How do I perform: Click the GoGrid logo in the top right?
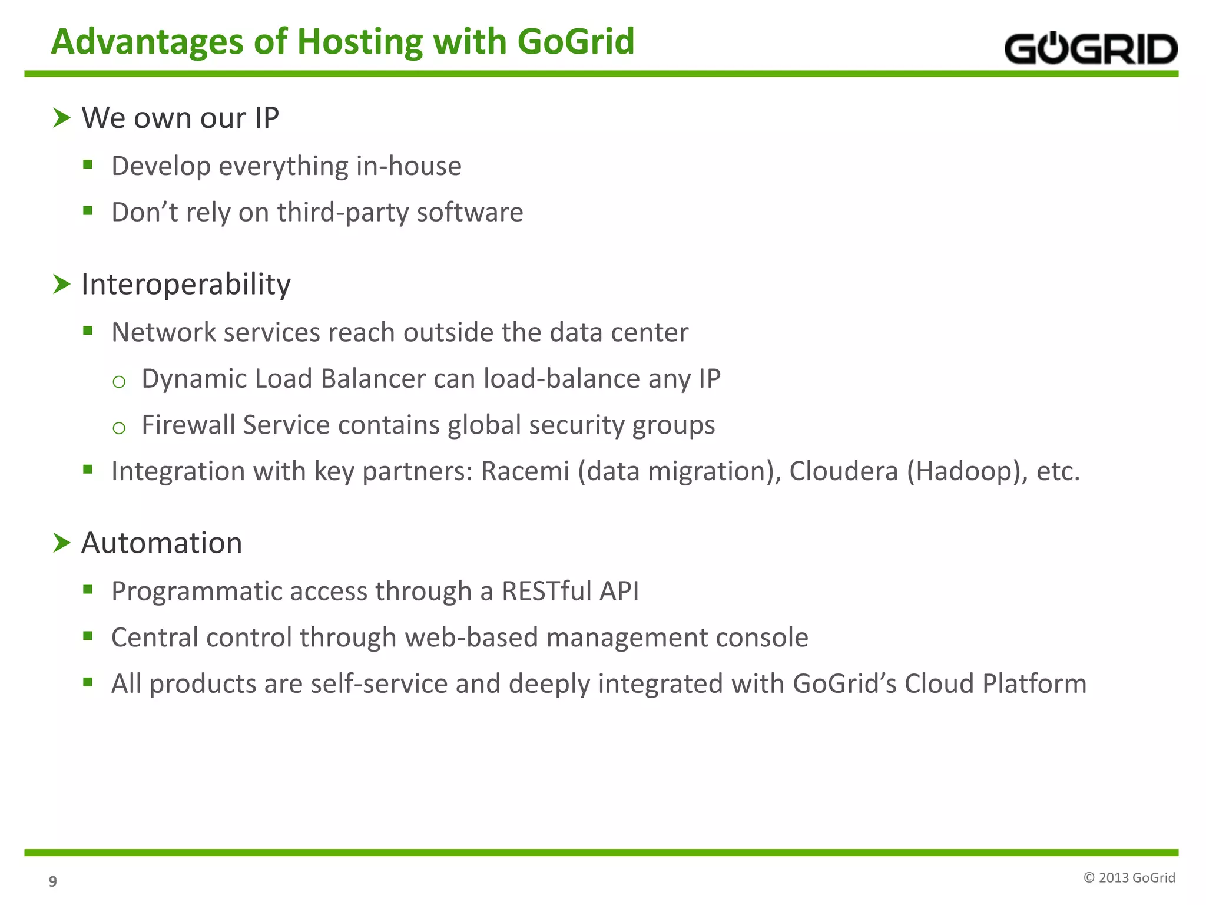1090,49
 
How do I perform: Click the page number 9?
53,881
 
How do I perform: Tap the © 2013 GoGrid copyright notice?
1129,878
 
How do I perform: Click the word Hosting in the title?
360,42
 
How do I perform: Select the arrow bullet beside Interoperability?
61,284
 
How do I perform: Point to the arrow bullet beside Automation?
61,543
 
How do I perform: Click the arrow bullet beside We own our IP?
61,118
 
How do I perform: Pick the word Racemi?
525,471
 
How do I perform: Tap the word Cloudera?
843,471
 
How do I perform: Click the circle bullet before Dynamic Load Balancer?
119,382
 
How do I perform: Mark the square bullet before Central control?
88,635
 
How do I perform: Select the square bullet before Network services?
88,331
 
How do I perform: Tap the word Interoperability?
186,285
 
